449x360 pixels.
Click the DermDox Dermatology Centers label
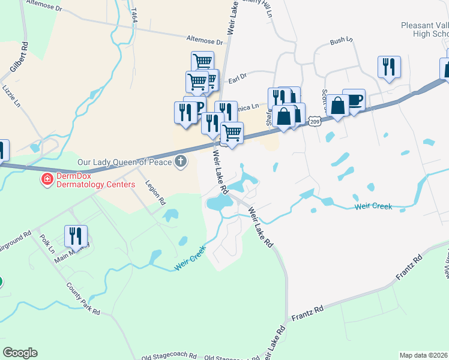(96, 180)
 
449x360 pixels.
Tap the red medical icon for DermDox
(46, 179)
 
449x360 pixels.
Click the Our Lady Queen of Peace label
(125, 162)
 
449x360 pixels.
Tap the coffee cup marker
(354, 100)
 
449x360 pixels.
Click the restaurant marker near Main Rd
(76, 236)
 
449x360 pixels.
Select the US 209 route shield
(315, 122)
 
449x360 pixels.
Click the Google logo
(20, 353)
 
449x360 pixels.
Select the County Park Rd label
(83, 299)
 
